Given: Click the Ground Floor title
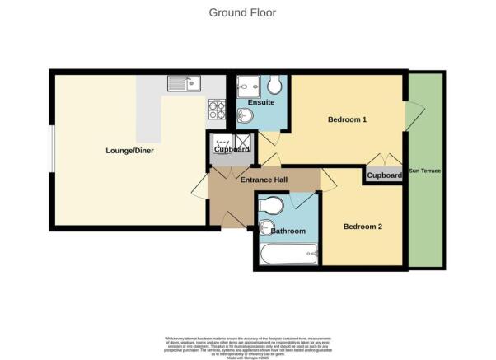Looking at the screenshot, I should [242, 12].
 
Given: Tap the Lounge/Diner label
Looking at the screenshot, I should [129, 151].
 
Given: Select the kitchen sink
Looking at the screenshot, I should [184, 83].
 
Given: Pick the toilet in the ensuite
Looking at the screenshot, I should [275, 86].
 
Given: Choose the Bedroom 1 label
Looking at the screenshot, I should [347, 119].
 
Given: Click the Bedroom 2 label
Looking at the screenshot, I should [363, 227].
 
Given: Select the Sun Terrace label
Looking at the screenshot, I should [426, 171].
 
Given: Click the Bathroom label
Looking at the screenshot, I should [288, 231].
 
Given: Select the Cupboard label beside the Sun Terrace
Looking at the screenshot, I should [384, 175].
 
